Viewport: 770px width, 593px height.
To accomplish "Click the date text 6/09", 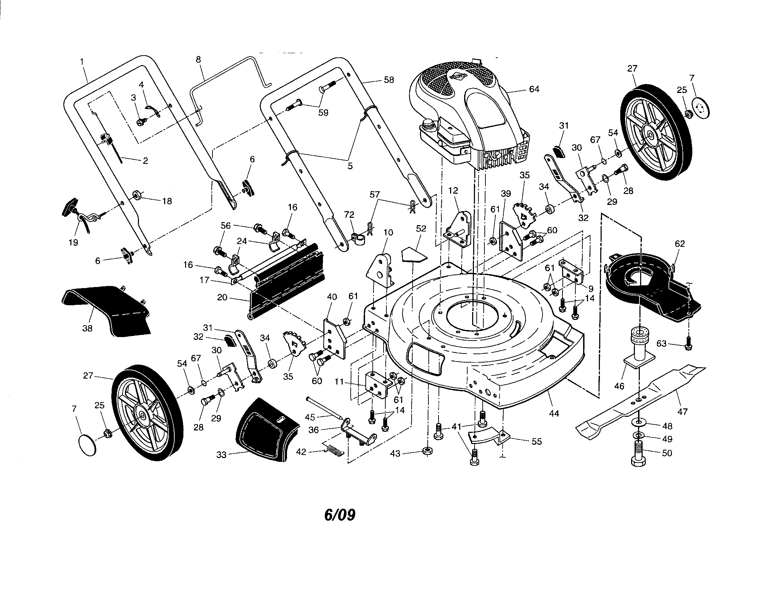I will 339,515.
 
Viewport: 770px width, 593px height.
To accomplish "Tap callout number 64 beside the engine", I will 534,89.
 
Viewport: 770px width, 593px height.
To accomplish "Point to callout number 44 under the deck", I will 554,413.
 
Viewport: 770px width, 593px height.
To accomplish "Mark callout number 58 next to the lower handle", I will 388,80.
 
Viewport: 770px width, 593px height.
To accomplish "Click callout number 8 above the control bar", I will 198,59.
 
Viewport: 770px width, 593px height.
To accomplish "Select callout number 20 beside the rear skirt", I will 222,298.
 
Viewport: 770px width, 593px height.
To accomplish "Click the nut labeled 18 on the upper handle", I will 136,195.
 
